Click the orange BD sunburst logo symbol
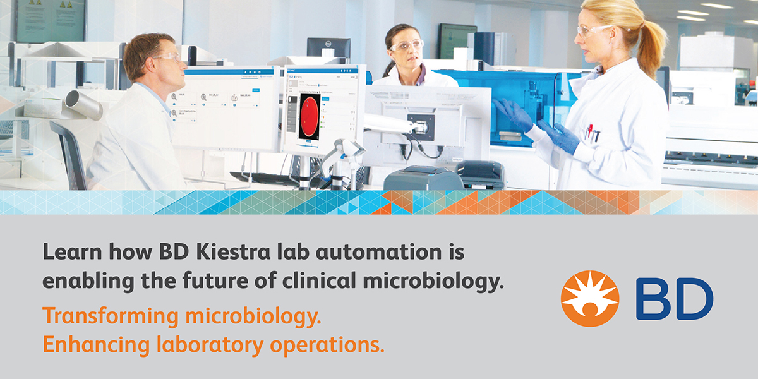coord(590,298)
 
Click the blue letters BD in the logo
coord(674,298)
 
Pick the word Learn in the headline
coord(68,253)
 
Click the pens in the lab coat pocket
coord(592,133)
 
